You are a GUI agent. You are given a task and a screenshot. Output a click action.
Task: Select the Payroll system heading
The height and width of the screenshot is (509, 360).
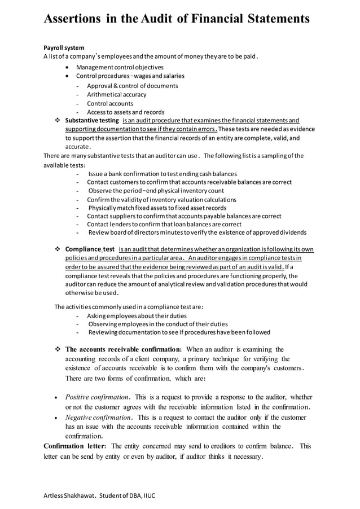(x=64, y=47)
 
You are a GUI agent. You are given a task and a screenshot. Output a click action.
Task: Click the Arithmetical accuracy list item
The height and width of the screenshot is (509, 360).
(x=116, y=95)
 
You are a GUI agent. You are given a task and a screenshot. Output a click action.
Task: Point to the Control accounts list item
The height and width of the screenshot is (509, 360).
(x=110, y=104)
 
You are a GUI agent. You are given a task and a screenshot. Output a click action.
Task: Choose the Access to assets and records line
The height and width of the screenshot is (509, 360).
(x=125, y=112)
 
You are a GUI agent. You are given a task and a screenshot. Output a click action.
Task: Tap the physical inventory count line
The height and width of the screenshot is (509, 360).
(x=156, y=191)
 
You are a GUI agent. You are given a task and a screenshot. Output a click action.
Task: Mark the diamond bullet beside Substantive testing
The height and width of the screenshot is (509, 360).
(x=58, y=121)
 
